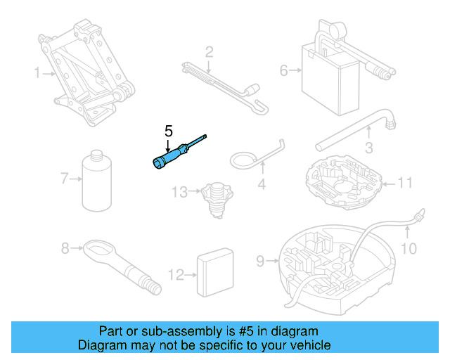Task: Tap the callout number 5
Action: (168, 131)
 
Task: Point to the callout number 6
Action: (284, 70)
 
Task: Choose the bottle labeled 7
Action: (97, 181)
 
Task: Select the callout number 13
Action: (180, 192)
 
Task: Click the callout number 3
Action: (368, 148)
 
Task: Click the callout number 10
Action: (409, 248)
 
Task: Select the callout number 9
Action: (260, 262)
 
